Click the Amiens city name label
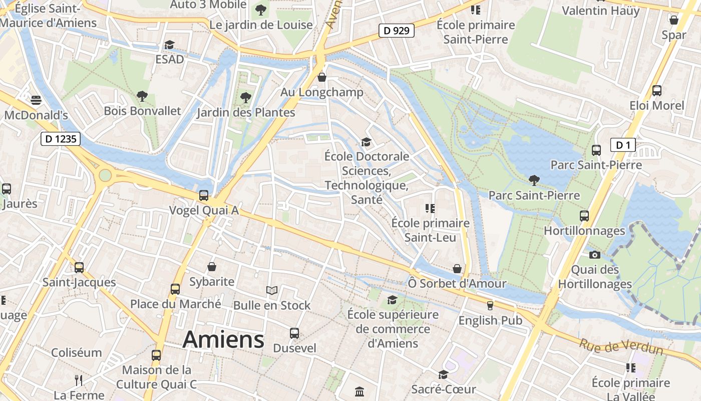coord(223,340)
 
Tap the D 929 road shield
coord(396,31)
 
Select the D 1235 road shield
coord(60,139)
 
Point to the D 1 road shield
coord(623,145)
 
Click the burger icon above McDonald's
coord(36,100)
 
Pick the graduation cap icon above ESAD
coord(169,45)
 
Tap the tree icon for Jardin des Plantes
coord(245,97)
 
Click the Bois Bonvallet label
coord(142,111)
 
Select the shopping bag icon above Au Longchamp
coord(322,77)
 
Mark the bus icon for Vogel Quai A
coord(204,195)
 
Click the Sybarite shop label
coord(212,282)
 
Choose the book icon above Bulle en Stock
coord(271,290)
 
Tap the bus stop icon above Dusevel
coord(294,333)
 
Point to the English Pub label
coord(490,320)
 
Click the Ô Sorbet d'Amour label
coord(457,284)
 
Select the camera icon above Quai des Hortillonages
coord(595,255)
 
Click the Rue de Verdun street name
coord(621,346)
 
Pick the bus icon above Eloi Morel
coord(656,91)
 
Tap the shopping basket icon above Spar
coord(674,20)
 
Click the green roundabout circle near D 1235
coord(105,175)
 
